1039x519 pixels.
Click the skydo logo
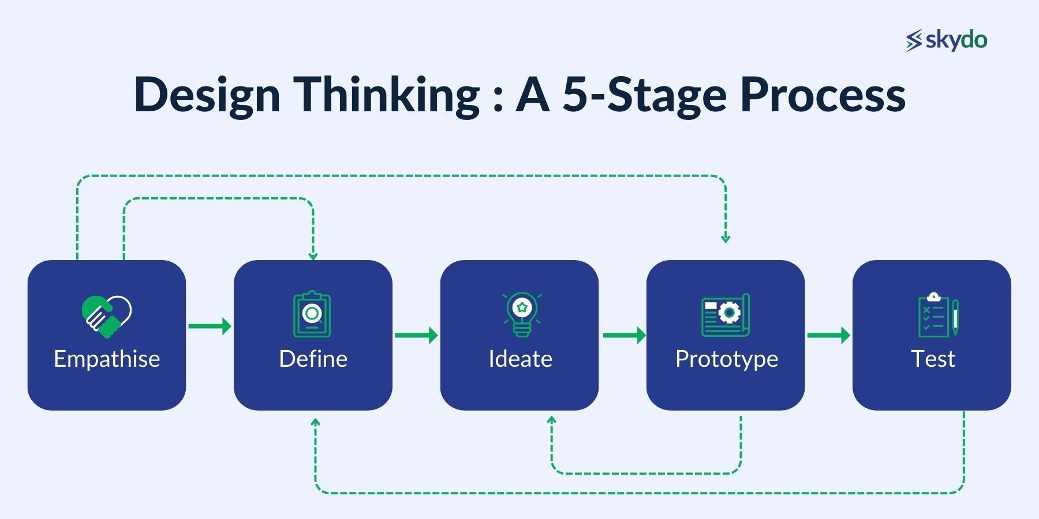[947, 40]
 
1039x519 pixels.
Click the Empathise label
[107, 359]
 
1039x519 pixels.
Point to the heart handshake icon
[107, 317]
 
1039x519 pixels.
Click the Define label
[313, 359]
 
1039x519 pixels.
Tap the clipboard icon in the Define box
[312, 314]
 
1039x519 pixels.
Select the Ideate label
[520, 359]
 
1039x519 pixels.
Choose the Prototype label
[726, 359]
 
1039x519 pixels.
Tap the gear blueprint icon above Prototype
[726, 315]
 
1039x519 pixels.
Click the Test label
[933, 359]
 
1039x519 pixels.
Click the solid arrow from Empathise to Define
[210, 326]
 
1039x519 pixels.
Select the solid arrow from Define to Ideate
[416, 335]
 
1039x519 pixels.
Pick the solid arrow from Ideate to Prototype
[624, 335]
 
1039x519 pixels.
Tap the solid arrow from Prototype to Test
[828, 335]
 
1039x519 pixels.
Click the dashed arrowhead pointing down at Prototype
[726, 238]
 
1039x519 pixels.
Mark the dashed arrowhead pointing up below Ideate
[551, 420]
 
